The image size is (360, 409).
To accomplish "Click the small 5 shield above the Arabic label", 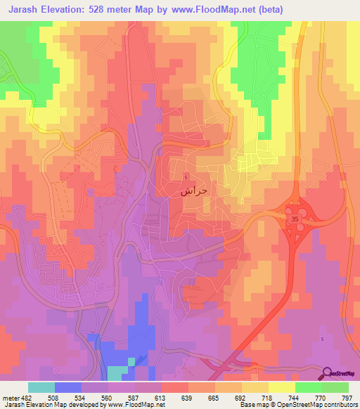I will (186, 176).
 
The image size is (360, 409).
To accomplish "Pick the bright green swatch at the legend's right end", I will (335, 387).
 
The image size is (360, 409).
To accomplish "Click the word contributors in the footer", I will (337, 404).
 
